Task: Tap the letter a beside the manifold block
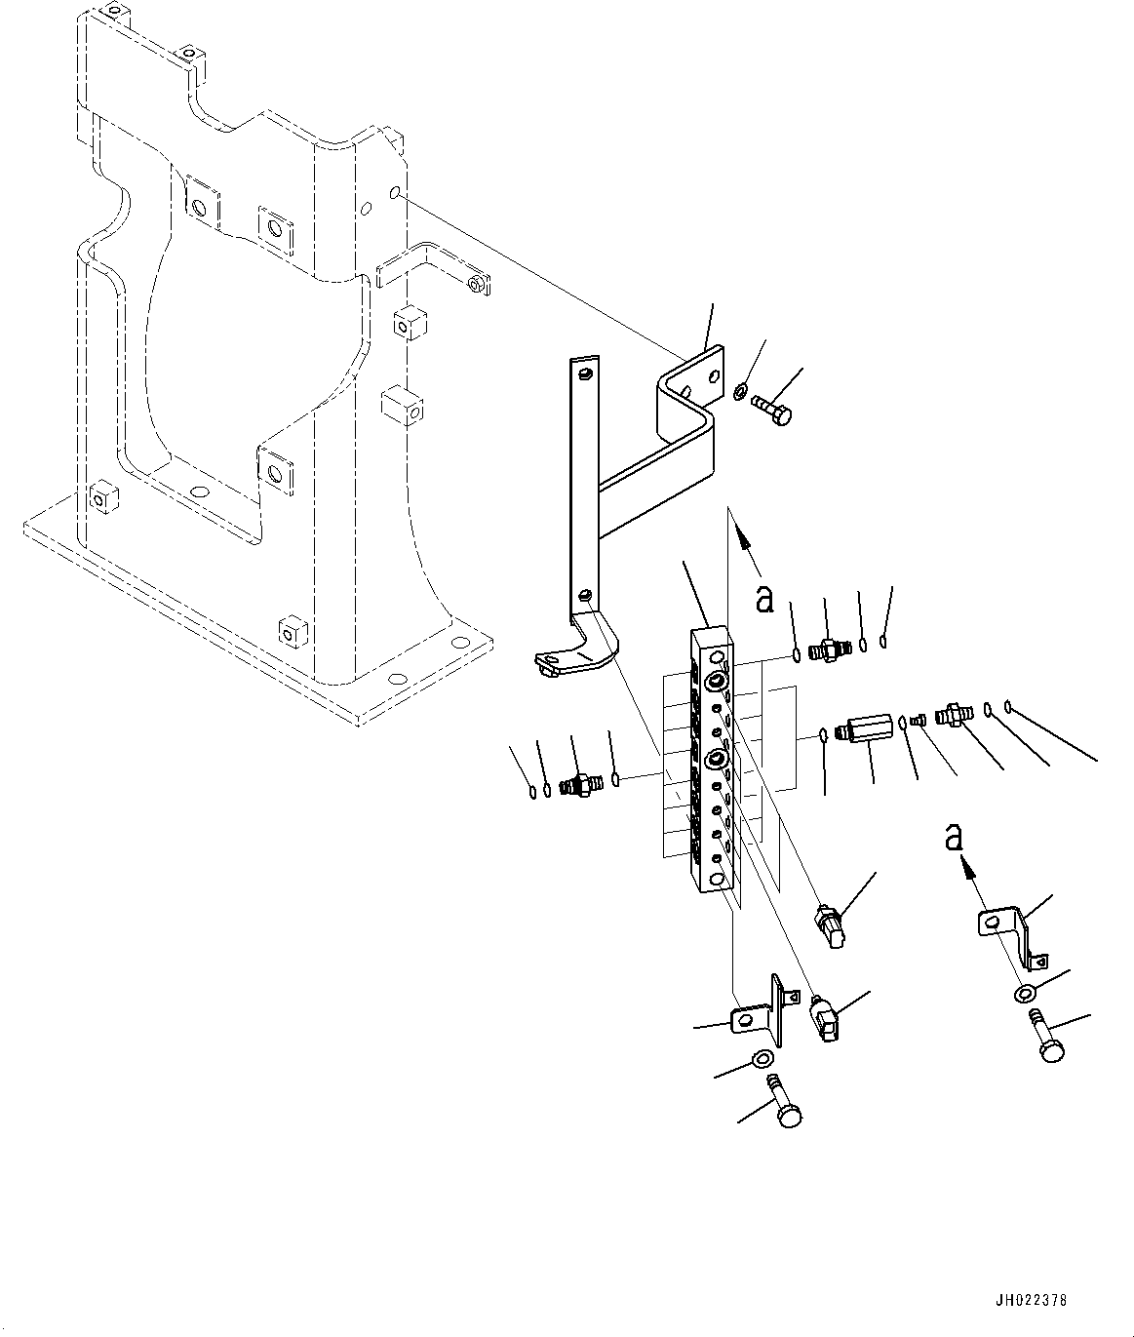(x=765, y=598)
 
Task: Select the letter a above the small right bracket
(x=955, y=836)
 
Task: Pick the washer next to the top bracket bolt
(x=740, y=393)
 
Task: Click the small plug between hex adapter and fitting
(x=917, y=720)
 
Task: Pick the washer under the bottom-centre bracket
(x=763, y=1059)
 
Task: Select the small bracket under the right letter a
(x=1008, y=929)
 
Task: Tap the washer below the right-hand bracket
(x=1025, y=994)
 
